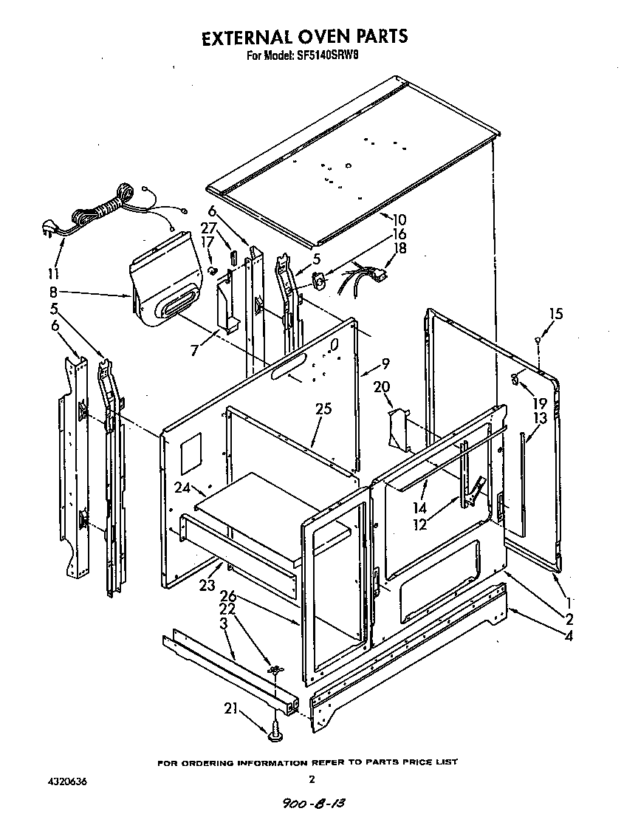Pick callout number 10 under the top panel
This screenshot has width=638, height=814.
(x=398, y=219)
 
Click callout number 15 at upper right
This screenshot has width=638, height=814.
(x=555, y=314)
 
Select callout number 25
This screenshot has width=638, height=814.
(x=323, y=408)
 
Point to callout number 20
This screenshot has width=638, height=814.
(x=381, y=386)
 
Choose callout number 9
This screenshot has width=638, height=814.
(x=385, y=363)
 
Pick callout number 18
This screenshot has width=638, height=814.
(x=399, y=249)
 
